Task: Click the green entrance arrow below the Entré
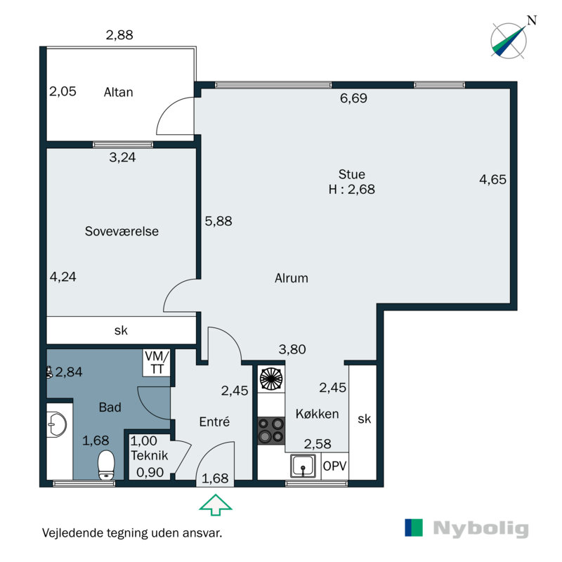coord(216,504)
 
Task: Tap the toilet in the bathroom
coord(106,465)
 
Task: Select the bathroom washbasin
coord(57,425)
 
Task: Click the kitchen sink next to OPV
coord(303,466)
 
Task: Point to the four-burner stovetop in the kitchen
coord(271,431)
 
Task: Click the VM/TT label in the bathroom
coord(157,362)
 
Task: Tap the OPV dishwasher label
coord(335,466)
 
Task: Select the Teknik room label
coord(149,455)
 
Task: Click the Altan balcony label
coord(118,93)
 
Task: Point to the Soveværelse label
coord(122,231)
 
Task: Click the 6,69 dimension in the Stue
coord(353,98)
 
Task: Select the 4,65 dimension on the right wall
coord(493,179)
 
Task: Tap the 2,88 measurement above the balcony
coord(119,35)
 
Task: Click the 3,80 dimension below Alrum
coord(292,349)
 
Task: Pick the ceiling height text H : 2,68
coord(352,189)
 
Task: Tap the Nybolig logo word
coord(481,529)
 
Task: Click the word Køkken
coord(318,414)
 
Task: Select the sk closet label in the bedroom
coord(121,330)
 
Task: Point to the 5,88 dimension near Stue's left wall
coord(218,221)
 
